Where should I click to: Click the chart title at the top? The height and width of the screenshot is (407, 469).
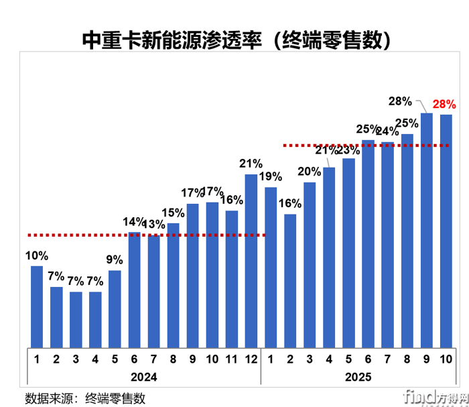pyautogui.click(x=235, y=40)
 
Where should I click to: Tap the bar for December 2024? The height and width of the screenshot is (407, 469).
pyautogui.click(x=251, y=261)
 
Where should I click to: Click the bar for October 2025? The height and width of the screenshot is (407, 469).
pyautogui.click(x=446, y=231)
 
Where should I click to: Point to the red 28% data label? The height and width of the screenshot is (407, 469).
pyautogui.click(x=444, y=104)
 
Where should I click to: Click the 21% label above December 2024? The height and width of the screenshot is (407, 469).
pyautogui.click(x=251, y=164)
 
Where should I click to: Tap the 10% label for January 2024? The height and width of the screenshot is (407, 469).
pyautogui.click(x=37, y=255)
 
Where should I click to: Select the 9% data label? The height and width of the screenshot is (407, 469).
pyautogui.click(x=115, y=260)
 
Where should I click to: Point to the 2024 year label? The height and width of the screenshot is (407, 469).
pyautogui.click(x=143, y=377)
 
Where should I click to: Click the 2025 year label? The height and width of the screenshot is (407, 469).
pyautogui.click(x=358, y=377)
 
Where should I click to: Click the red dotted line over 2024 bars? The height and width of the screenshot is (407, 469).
pyautogui.click(x=147, y=235)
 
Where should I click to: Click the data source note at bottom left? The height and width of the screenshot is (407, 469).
pyautogui.click(x=86, y=397)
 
